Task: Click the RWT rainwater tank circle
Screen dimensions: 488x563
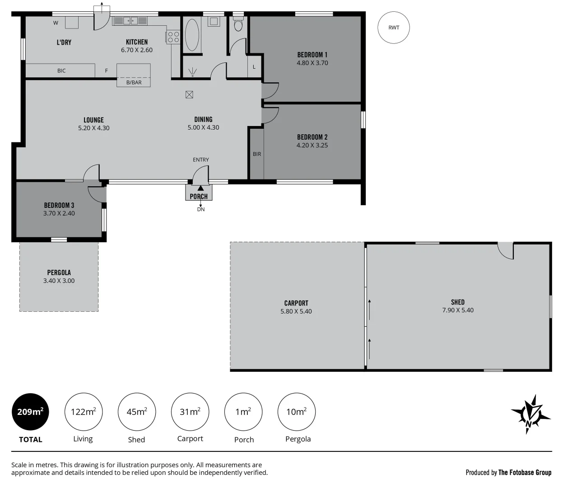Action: click(x=394, y=28)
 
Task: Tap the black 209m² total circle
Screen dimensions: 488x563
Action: click(x=30, y=412)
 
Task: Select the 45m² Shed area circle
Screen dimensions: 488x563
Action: click(x=136, y=412)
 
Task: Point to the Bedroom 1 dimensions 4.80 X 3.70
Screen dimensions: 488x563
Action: click(x=312, y=63)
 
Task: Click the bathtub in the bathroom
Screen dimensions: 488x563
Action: click(x=192, y=35)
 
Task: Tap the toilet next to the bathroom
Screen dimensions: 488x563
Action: click(x=238, y=24)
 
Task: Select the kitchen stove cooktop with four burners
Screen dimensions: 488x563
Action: click(x=173, y=37)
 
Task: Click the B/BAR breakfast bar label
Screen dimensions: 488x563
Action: click(x=134, y=83)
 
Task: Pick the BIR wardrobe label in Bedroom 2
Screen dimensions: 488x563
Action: click(x=257, y=154)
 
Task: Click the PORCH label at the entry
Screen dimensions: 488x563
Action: click(x=199, y=196)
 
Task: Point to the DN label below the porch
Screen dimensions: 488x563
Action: click(x=201, y=210)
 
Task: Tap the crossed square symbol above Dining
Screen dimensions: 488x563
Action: click(x=189, y=94)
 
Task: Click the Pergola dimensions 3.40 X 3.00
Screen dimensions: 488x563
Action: click(x=59, y=281)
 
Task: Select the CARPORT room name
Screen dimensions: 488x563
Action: click(x=296, y=303)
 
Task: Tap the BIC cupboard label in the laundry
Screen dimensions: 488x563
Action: click(x=61, y=71)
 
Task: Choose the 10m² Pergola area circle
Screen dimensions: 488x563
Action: click(x=296, y=412)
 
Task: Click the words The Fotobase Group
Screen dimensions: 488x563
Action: click(x=525, y=473)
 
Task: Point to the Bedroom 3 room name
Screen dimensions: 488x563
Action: click(x=59, y=205)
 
